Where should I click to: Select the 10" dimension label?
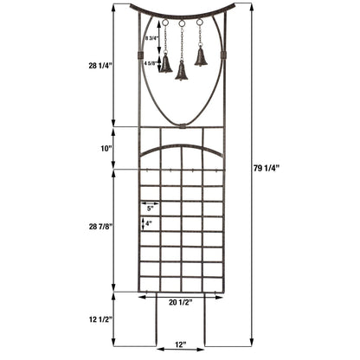[106, 148]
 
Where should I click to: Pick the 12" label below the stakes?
[179, 345]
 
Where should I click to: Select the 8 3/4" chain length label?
[151, 37]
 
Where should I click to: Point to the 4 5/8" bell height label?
[151, 62]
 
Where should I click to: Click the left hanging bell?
[164, 63]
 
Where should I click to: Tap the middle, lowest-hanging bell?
[182, 73]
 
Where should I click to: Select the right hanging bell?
[201, 58]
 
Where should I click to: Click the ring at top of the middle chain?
[182, 23]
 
